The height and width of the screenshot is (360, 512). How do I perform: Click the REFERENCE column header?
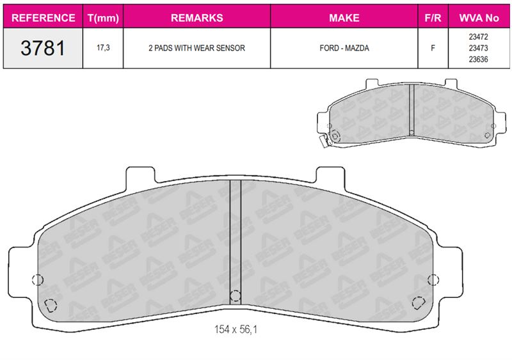point(43,18)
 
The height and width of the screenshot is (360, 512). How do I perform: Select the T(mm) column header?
point(103,18)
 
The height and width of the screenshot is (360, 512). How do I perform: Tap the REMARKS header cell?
point(197,18)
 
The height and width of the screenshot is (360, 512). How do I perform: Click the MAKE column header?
point(344,18)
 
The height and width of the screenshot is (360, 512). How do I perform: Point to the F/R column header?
point(433,18)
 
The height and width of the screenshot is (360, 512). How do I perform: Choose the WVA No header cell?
point(479,18)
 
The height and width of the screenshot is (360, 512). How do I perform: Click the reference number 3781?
point(43,48)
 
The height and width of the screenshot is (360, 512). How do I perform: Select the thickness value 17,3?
point(103,48)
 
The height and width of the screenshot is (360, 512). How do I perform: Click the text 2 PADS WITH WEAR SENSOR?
point(196,48)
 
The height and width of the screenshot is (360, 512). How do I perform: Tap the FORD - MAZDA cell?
point(344,48)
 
